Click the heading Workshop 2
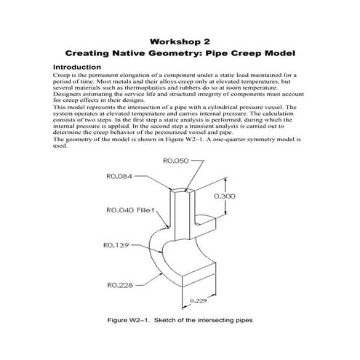coord(180,41)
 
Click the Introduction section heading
coord(77,67)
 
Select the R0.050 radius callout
coord(175,161)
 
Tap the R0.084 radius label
coord(119,176)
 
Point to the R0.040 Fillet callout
coord(130,210)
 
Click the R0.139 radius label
coord(116,245)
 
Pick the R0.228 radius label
coord(120,285)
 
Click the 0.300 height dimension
coord(225,196)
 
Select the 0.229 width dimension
coord(199,300)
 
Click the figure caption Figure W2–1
coord(180,320)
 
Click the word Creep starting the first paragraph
coord(60,76)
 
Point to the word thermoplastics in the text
coord(145,88)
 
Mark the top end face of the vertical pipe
coord(183,190)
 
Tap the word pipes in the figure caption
coord(244,321)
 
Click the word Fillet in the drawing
coord(145,210)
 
